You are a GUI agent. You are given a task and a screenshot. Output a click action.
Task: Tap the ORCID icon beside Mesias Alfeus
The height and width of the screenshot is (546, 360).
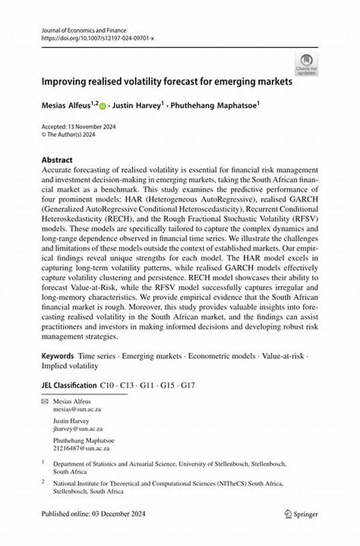102,106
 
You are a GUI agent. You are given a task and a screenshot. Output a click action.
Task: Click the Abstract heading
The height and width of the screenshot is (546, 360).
57,160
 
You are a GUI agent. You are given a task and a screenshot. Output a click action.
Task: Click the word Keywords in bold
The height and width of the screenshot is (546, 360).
58,355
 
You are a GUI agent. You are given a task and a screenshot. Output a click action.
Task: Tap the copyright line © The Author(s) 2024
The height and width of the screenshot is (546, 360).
69,135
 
